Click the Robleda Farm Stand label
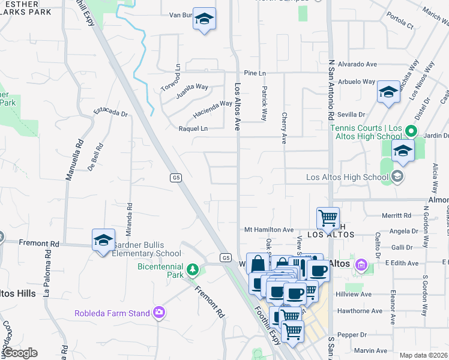(x=112, y=313)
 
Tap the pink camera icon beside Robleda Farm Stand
(x=159, y=312)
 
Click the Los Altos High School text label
(x=347, y=176)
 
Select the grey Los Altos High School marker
(x=397, y=176)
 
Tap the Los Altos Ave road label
(x=238, y=107)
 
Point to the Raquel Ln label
(x=193, y=128)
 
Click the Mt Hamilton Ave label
(x=269, y=230)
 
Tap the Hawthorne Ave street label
(x=360, y=311)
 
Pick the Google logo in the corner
(x=20, y=353)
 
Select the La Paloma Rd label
(x=46, y=279)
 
